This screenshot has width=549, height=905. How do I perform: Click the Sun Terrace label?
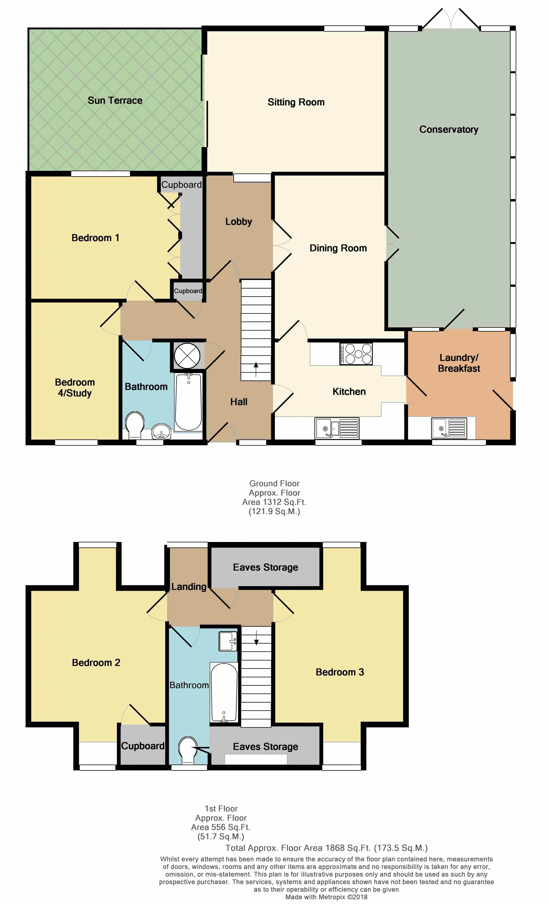pyautogui.click(x=115, y=100)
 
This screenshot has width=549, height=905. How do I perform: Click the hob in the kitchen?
pyautogui.click(x=356, y=354)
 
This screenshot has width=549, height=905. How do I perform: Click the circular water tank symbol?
pyautogui.click(x=187, y=356)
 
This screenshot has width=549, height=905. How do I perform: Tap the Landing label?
pyautogui.click(x=189, y=587)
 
